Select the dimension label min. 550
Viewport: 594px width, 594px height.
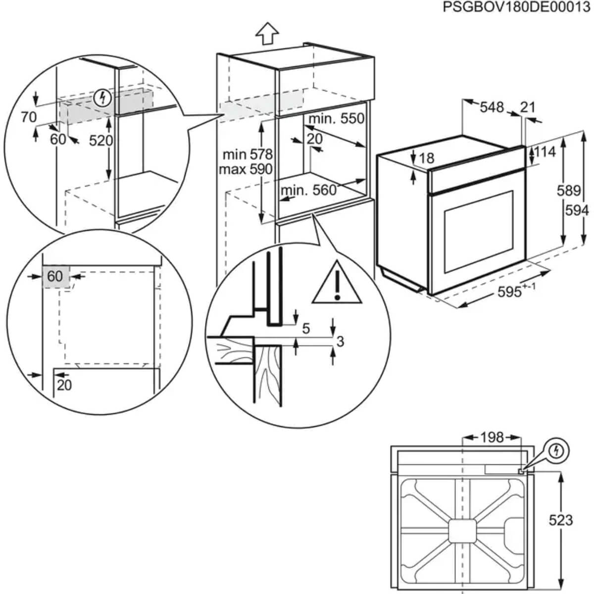(x=336, y=119)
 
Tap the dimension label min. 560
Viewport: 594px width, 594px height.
(x=308, y=190)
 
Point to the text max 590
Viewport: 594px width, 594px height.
(x=246, y=169)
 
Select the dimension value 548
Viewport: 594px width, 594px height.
(x=492, y=107)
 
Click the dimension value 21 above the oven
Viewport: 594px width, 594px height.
(x=528, y=107)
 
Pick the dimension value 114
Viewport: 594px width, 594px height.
(x=544, y=152)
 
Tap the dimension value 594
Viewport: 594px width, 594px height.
(x=577, y=210)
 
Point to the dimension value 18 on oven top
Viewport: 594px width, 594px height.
(x=426, y=158)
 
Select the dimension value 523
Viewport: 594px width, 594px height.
(x=561, y=520)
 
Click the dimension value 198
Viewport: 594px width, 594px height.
(x=492, y=437)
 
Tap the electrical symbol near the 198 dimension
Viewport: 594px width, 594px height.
(x=558, y=450)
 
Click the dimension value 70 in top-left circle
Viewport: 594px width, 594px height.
(x=29, y=117)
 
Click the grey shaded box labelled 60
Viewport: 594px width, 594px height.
(x=55, y=276)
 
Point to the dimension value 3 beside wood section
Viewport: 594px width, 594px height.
(x=340, y=341)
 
